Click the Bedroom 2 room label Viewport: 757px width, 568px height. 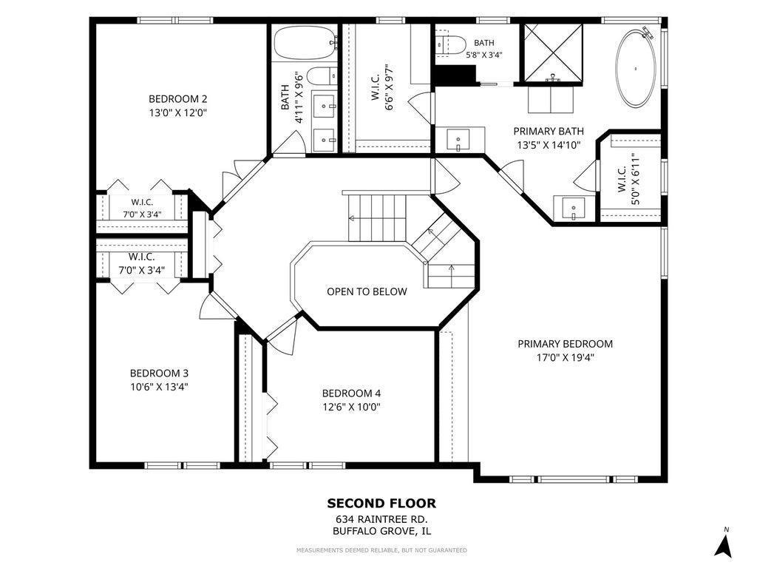[177, 99]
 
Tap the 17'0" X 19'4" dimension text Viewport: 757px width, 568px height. [565, 358]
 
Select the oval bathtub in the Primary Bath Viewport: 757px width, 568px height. [635, 67]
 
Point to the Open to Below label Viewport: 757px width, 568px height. [367, 291]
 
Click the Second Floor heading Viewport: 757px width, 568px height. [381, 503]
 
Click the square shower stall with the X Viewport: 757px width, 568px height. [553, 53]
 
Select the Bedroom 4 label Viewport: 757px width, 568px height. [351, 393]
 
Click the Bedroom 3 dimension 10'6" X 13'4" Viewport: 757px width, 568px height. [159, 387]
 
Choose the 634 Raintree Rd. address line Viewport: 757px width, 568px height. [382, 520]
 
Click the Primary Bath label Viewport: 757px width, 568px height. [549, 132]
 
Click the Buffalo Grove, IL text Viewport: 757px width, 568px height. [382, 531]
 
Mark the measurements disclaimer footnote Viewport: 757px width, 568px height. [381, 550]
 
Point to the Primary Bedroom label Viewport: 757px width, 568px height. [565, 344]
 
